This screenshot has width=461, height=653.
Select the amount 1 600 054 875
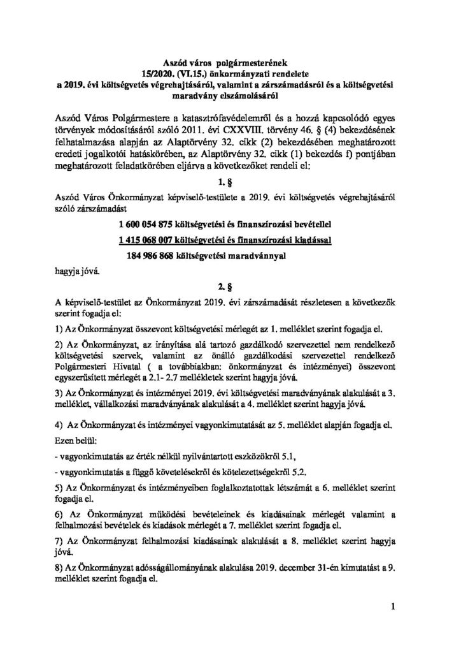pyautogui.click(x=148, y=224)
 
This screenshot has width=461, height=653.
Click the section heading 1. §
pyautogui.click(x=230, y=181)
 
